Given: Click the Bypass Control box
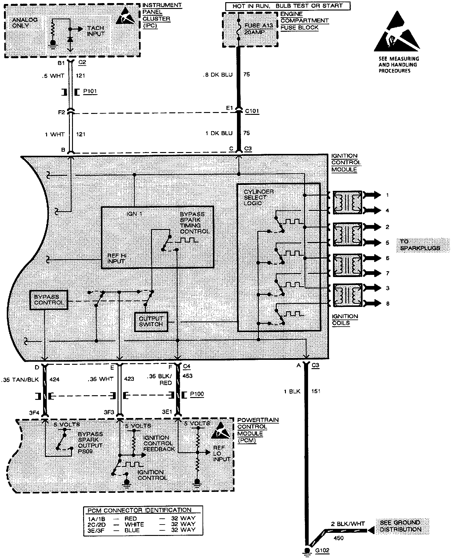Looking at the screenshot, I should (x=48, y=300).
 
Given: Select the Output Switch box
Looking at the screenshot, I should (x=151, y=322).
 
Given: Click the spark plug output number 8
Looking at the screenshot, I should (x=387, y=304).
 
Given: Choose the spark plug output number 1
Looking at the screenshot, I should (x=387, y=195).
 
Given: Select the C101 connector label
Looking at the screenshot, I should (x=252, y=111).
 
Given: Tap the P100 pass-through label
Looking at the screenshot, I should (x=197, y=394).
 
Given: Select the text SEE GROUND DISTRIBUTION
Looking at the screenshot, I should (x=400, y=526).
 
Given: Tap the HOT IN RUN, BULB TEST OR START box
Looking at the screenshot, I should (x=288, y=6).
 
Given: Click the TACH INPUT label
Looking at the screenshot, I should (x=95, y=31).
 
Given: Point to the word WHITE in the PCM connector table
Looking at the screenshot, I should (x=134, y=524).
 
